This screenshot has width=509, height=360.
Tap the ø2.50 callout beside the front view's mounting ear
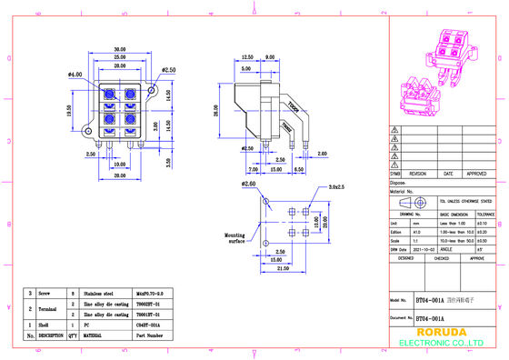168,68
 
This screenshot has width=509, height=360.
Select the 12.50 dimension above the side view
247,56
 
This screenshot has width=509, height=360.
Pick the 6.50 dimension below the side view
299,169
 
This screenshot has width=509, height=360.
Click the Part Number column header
149,335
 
